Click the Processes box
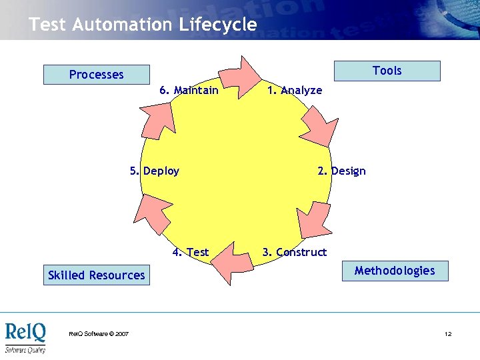[x=97, y=75]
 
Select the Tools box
[x=387, y=71]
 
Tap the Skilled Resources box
[x=97, y=275]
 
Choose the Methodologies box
[x=395, y=271]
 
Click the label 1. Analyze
[x=294, y=90]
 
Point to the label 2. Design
[x=341, y=171]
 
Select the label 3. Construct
[x=294, y=252]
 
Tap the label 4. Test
[x=190, y=252]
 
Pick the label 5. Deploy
[x=155, y=171]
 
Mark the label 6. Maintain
[x=189, y=90]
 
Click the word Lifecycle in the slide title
[x=217, y=25]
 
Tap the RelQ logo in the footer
[x=25, y=337]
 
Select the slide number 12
[x=448, y=333]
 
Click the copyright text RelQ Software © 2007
[x=99, y=333]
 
